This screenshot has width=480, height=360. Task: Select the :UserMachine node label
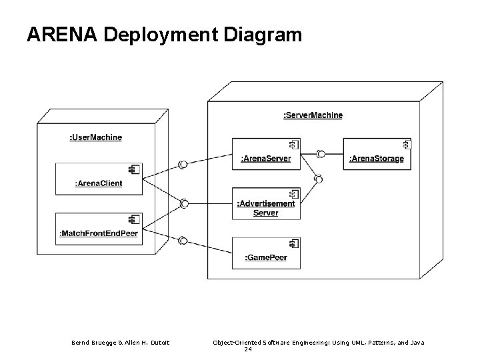tap(95, 137)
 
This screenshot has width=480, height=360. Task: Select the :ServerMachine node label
tap(313, 115)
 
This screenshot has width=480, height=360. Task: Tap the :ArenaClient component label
tap(99, 183)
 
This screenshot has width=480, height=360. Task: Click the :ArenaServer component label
tap(265, 159)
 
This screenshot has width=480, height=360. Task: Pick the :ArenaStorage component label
tap(376, 159)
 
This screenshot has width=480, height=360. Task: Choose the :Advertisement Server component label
tap(266, 208)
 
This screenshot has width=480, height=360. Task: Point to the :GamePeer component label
tap(266, 257)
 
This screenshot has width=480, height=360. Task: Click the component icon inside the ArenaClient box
tap(134, 170)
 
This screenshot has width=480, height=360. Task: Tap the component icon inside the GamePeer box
tap(293, 243)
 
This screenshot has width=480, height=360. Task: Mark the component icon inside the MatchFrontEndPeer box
tap(134, 219)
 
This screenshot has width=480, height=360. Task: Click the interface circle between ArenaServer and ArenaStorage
tap(321, 154)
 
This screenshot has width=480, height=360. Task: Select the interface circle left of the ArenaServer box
tap(183, 164)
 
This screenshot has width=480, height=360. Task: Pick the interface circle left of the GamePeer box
tap(183, 241)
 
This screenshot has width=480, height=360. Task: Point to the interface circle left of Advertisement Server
tap(184, 203)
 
